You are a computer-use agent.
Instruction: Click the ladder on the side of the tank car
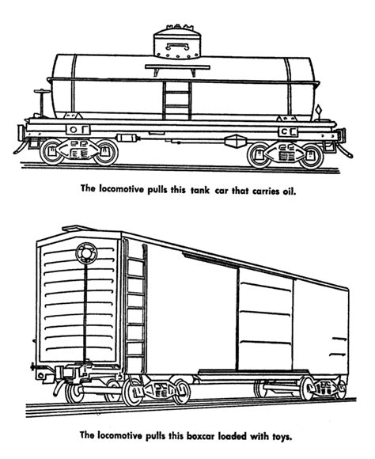pos(175,94)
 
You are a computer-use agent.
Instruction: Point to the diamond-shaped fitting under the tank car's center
pos(234,141)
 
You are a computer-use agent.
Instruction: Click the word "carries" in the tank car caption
pos(267,191)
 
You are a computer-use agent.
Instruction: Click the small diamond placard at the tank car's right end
pos(316,108)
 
